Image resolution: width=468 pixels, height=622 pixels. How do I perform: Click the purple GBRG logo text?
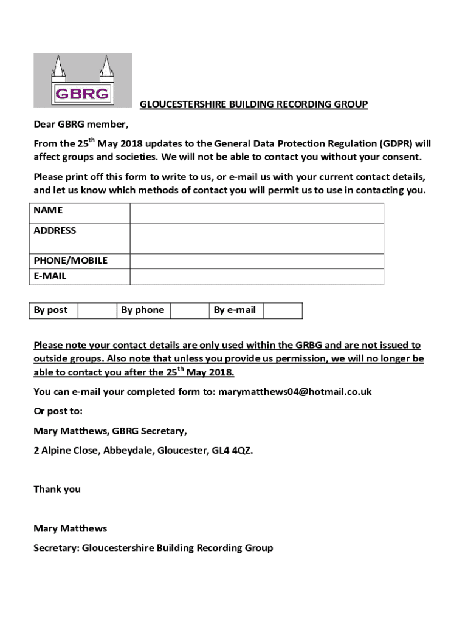[82, 93]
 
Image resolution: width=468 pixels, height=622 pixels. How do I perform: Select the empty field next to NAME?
[256, 213]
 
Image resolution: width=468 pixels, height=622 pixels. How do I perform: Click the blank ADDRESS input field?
[256, 238]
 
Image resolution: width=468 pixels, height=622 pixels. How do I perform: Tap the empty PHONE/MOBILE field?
[256, 261]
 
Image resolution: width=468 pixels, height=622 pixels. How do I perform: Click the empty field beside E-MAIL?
[256, 277]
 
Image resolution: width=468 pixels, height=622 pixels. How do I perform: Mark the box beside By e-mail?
[283, 310]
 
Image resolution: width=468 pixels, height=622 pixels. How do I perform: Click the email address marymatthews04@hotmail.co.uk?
[295, 392]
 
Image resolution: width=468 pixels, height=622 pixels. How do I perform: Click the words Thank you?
[57, 489]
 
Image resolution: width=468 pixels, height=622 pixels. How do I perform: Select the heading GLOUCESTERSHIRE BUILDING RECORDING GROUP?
[253, 104]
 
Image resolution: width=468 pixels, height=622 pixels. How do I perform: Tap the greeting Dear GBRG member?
[81, 125]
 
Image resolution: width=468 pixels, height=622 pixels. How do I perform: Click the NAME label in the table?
[48, 210]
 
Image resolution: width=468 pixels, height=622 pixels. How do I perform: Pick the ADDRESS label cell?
[55, 231]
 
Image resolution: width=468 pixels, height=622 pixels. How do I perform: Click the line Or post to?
[58, 411]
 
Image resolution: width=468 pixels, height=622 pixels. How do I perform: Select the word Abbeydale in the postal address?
[126, 451]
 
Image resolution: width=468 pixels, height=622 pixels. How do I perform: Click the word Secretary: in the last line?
[57, 548]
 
